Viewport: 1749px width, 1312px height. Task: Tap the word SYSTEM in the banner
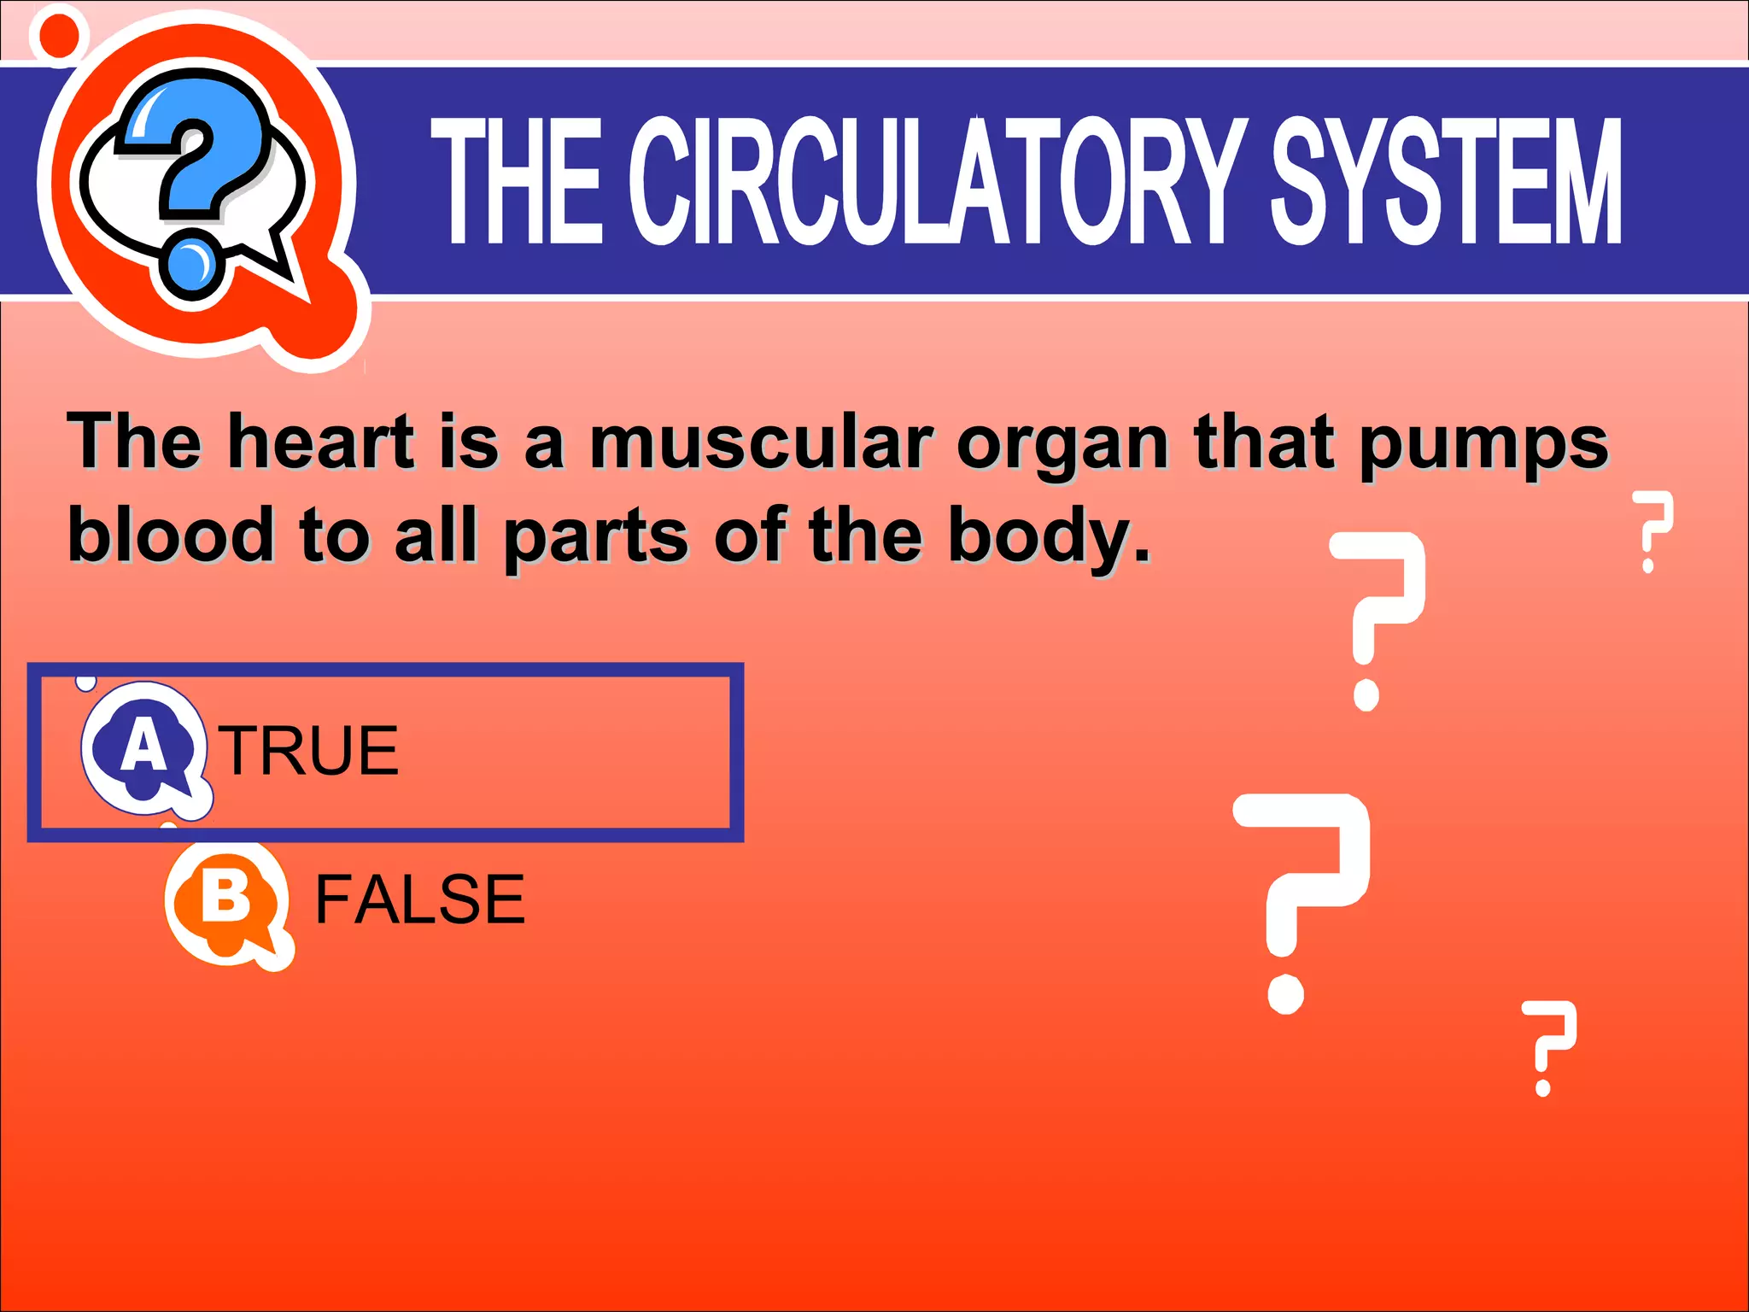[x=1445, y=181]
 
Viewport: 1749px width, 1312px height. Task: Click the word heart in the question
[x=321, y=442]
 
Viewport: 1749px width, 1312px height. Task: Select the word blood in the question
[x=171, y=535]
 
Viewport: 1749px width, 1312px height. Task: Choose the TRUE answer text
[x=311, y=751]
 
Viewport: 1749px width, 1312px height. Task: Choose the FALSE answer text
[x=419, y=899]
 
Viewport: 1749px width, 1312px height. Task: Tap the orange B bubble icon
[x=227, y=904]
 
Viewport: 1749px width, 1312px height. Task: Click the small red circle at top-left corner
[x=59, y=35]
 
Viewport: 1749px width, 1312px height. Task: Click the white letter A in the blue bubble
[x=143, y=744]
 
